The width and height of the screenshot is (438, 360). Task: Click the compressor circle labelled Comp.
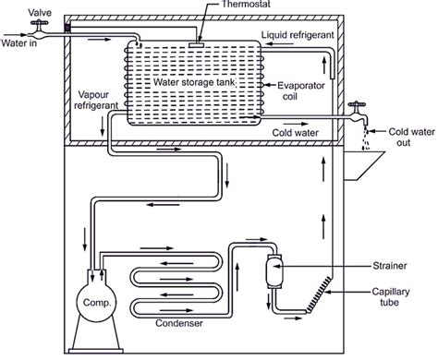(x=97, y=302)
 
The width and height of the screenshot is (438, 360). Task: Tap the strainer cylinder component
(x=274, y=271)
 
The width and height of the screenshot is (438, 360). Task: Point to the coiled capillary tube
(x=320, y=294)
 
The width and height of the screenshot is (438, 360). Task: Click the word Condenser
(x=179, y=323)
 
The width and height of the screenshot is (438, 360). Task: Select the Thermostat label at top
(x=246, y=4)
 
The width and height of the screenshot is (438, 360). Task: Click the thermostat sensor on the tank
(x=196, y=45)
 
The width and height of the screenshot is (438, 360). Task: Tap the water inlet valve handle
(x=39, y=22)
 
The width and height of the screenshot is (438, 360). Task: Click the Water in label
(x=19, y=42)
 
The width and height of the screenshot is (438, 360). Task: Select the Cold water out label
(x=411, y=137)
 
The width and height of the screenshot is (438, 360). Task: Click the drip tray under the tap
(x=363, y=165)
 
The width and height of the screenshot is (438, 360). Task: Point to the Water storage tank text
(x=194, y=82)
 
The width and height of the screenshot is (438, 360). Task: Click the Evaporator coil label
(x=301, y=90)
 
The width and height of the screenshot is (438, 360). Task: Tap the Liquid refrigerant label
(x=298, y=35)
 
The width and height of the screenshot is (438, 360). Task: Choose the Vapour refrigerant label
(x=96, y=100)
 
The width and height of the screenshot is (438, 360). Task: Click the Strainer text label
(x=390, y=266)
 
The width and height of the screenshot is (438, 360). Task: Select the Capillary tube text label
(x=391, y=296)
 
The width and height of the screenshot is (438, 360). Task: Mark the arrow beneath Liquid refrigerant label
(x=280, y=44)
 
